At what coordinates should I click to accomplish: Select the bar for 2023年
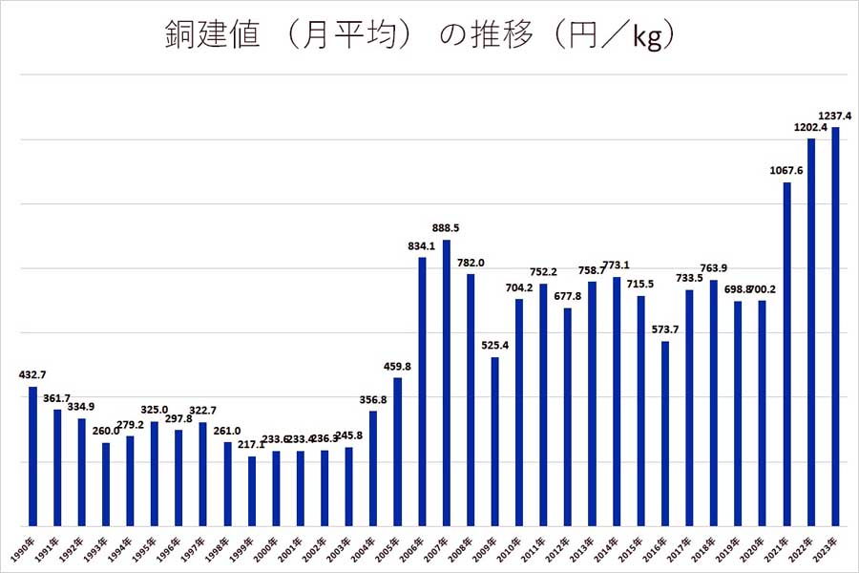tap(835, 326)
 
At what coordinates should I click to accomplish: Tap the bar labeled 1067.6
tap(786, 353)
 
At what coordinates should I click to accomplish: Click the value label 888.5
tap(446, 229)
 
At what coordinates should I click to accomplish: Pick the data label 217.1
tap(252, 446)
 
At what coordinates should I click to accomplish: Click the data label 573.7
tap(665, 330)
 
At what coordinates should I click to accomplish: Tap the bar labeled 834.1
tap(422, 391)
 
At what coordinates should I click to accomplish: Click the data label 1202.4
tap(809, 127)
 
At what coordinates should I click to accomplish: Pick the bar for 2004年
tap(373, 468)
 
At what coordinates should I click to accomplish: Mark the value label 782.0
tap(471, 264)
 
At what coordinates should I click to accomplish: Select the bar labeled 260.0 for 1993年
tap(106, 483)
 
